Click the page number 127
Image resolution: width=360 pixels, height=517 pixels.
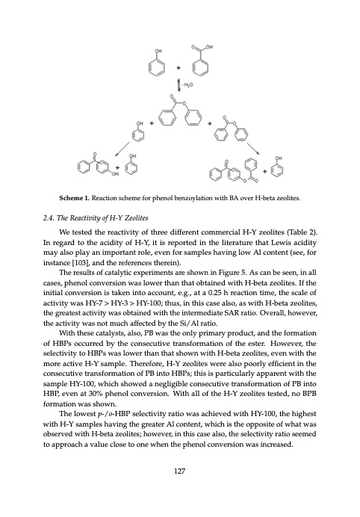tap(179, 492)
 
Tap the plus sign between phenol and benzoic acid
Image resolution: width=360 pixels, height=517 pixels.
tap(179, 66)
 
